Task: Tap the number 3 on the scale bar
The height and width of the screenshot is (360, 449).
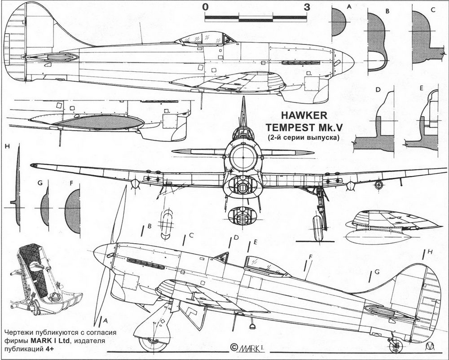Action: (307, 7)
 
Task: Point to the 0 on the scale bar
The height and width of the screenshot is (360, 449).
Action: (205, 7)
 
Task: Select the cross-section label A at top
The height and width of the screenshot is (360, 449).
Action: (349, 6)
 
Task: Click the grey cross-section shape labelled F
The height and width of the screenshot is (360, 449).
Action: (73, 211)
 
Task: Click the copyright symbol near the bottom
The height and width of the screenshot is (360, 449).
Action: (233, 347)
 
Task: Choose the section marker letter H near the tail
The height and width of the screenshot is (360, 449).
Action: (430, 252)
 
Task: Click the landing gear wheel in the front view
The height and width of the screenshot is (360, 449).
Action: (318, 228)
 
